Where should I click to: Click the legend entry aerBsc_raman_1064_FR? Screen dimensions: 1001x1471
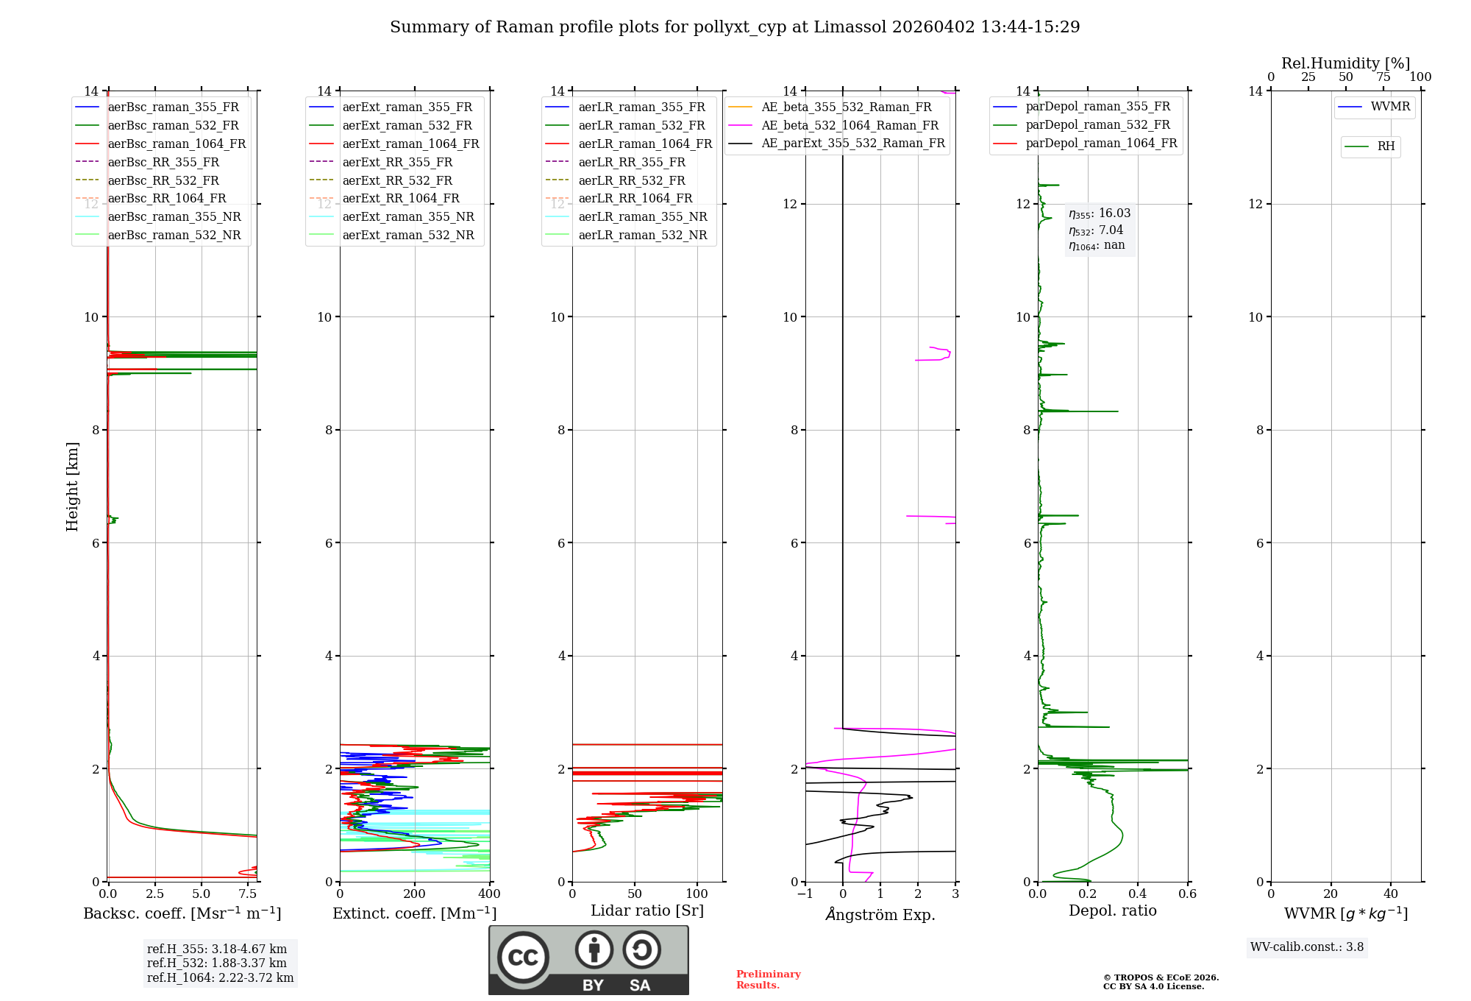(x=177, y=144)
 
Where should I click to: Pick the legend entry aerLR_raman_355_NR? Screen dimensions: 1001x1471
(x=642, y=216)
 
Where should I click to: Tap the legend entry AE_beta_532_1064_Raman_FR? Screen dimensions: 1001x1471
(x=850, y=125)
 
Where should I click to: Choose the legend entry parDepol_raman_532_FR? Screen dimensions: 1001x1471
(x=1097, y=125)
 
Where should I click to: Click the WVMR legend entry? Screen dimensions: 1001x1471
(x=1389, y=107)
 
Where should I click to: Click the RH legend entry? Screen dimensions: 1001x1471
(x=1386, y=146)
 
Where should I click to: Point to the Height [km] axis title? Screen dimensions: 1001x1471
(x=72, y=486)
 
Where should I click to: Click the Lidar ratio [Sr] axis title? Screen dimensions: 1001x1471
(x=647, y=910)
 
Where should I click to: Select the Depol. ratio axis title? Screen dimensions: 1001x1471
(x=1112, y=910)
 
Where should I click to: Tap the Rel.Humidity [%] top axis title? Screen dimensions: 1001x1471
(x=1345, y=63)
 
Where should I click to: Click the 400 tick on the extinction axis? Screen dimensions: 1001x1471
(x=490, y=894)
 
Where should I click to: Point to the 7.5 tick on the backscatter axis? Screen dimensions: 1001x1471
(x=248, y=894)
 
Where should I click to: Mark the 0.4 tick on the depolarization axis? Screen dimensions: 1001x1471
(x=1137, y=894)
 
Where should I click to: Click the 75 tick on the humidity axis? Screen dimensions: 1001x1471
(x=1383, y=77)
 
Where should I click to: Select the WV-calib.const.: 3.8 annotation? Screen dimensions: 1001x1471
(x=1306, y=947)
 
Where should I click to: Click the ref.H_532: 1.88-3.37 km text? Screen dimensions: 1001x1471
(x=216, y=963)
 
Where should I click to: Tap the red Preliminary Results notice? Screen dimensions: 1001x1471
(x=768, y=979)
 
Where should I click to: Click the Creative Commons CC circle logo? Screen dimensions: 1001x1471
(x=523, y=958)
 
